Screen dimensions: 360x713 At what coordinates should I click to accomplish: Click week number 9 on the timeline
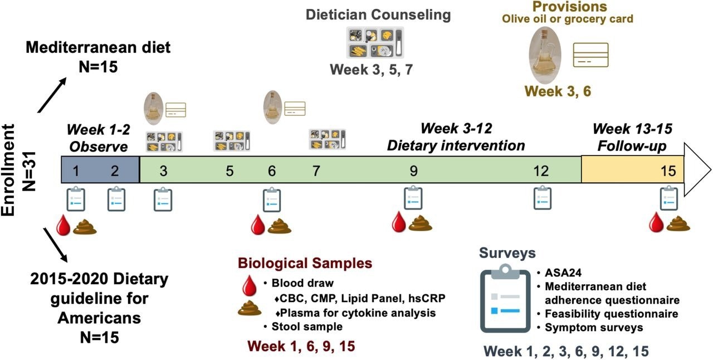point(413,171)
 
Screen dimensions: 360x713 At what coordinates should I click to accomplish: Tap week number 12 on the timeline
point(540,171)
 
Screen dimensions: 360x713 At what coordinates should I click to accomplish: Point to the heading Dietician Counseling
point(378,15)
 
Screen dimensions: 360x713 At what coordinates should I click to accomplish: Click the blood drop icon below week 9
point(399,222)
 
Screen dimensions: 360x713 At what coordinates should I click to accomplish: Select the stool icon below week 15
point(678,223)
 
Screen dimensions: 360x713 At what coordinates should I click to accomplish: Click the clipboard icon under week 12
point(542,198)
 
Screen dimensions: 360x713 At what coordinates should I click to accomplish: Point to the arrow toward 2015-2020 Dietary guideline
point(56,245)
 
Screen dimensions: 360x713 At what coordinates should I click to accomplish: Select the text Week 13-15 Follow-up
point(632,137)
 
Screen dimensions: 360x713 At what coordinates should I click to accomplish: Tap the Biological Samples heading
point(305,262)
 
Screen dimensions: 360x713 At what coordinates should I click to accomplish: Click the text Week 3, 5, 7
point(372,70)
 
